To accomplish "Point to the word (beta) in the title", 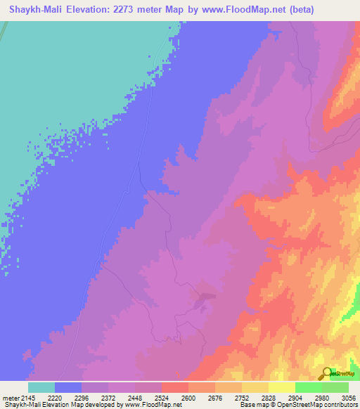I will point(295,10).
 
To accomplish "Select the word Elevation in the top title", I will point(93,10).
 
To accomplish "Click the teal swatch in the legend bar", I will point(41,387).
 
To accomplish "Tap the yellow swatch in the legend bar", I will point(282,387).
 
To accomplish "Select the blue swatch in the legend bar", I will point(68,387).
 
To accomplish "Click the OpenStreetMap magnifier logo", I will point(326,372).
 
